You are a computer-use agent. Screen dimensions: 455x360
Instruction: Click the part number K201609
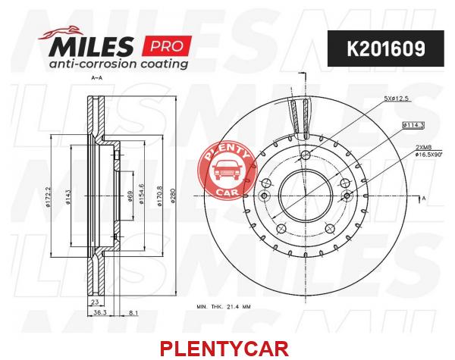[386, 49]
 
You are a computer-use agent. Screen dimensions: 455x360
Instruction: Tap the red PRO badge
[167, 45]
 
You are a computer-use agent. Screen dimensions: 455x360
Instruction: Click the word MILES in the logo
[92, 46]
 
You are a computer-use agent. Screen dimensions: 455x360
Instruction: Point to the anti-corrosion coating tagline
[118, 64]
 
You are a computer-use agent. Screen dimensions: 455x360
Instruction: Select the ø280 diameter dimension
[173, 196]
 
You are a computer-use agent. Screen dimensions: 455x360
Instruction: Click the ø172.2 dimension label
[48, 196]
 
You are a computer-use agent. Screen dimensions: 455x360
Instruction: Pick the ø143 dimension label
[68, 197]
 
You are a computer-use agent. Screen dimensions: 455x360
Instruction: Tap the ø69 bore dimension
[130, 196]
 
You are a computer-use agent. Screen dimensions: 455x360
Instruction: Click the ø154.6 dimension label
[141, 194]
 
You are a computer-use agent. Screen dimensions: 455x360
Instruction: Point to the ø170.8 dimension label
[159, 196]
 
